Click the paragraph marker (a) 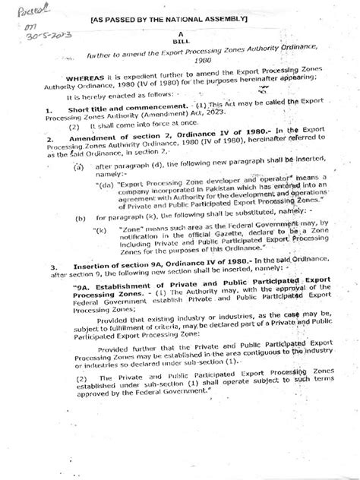(79, 166)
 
